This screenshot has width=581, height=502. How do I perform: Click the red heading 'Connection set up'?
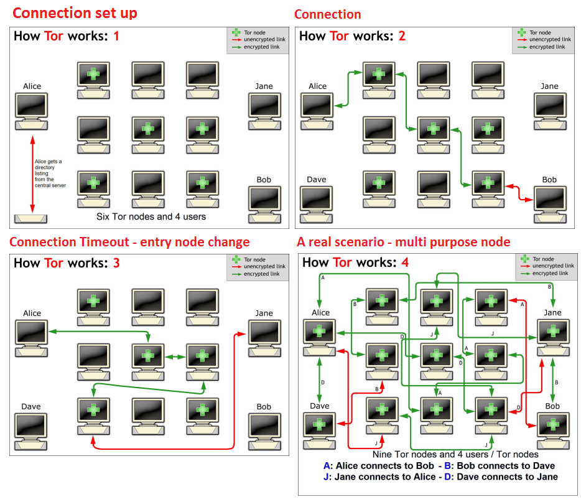pos(75,12)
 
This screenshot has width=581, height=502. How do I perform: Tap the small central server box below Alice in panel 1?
pos(30,218)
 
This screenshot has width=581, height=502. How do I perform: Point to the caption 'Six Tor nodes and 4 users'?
pos(151,217)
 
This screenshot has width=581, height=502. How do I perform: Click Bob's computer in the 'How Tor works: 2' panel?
pos(549,203)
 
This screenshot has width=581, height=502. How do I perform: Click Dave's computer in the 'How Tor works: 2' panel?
pos(316,203)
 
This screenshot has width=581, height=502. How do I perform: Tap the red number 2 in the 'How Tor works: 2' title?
pos(402,35)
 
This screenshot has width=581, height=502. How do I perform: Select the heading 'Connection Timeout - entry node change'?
pos(129,242)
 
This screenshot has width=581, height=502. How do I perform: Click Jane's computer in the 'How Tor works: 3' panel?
pos(264,337)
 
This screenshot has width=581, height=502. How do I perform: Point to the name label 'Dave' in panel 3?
pos(30,406)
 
